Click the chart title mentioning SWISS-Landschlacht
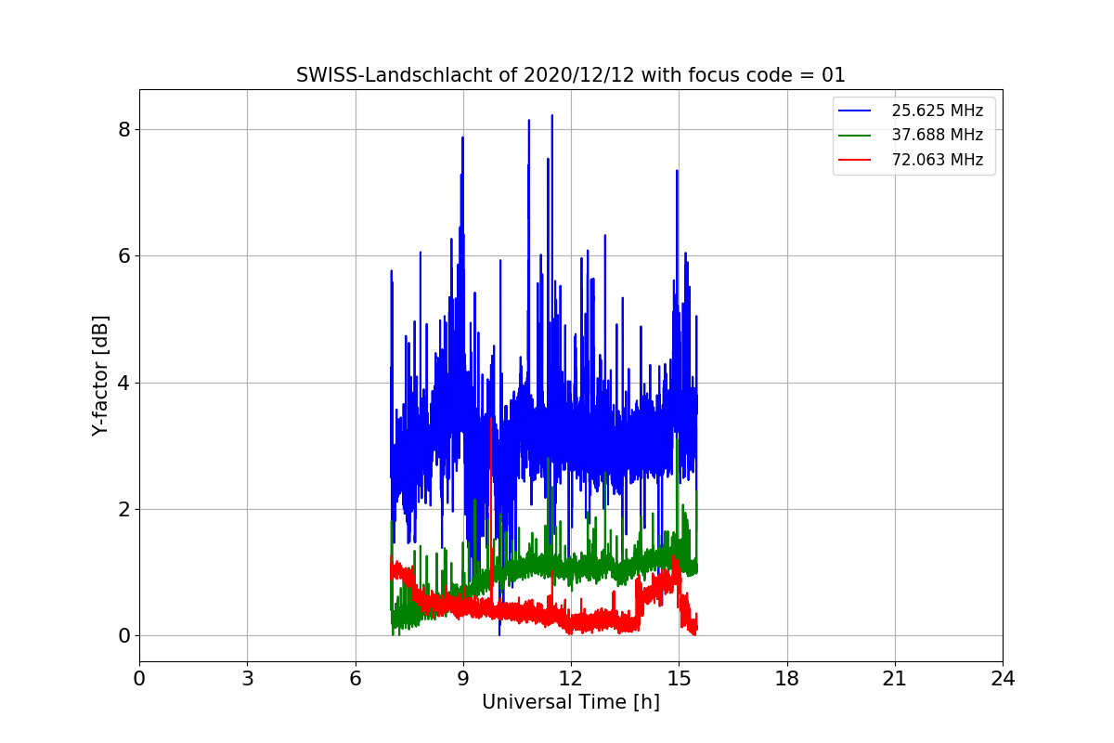tap(570, 75)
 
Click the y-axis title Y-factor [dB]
tap(100, 376)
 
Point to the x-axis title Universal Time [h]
tap(570, 702)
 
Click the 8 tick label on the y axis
tap(123, 129)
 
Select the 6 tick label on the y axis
tap(123, 255)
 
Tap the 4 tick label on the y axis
tap(123, 383)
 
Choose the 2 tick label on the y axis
tap(123, 509)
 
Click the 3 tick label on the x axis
tap(248, 678)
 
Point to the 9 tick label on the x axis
tap(463, 678)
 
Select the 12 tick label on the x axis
tap(571, 678)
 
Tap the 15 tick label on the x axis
tap(679, 678)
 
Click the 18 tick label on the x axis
tap(787, 678)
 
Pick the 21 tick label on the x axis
tap(895, 678)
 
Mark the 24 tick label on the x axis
tap(1003, 678)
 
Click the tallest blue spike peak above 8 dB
tap(552, 115)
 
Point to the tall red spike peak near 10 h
tap(491, 419)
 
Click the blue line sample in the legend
tap(854, 111)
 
